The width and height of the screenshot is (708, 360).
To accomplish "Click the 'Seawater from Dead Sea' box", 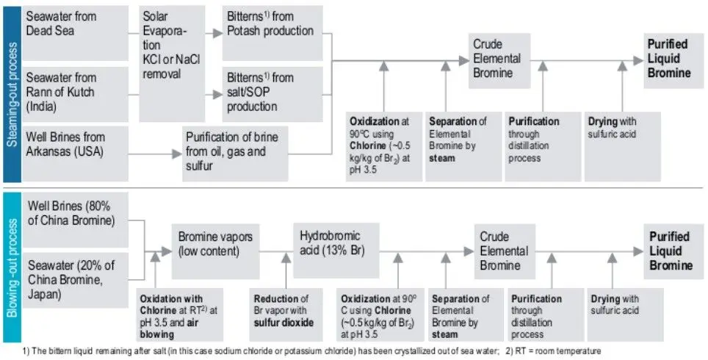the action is coord(76,33).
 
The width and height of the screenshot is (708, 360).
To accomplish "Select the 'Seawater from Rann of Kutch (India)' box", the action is coord(76,94).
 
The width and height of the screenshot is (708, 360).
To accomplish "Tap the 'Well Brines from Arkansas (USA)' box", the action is coord(76,154).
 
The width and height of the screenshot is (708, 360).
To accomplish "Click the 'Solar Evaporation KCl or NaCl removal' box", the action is coord(172,64).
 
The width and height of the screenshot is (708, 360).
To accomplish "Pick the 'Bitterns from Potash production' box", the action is coord(272,33).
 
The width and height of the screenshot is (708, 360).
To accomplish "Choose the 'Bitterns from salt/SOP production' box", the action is coord(272,94).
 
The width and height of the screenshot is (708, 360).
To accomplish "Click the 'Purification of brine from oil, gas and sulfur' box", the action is coord(235,154).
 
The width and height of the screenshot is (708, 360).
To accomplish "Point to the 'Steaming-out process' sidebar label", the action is coord(12,94).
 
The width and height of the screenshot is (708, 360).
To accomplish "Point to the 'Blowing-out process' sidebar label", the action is coord(12,267).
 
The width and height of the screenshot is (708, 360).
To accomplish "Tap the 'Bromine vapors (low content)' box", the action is coord(215,251).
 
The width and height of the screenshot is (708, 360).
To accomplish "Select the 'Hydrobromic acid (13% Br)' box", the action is coord(336,251).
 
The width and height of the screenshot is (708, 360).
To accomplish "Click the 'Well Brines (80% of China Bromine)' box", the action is coord(76,220).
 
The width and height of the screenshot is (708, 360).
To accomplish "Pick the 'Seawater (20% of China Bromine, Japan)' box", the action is coord(76,280).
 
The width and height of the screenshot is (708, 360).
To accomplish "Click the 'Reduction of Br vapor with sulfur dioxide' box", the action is coord(286,315).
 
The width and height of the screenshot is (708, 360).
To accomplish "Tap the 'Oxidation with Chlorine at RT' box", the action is coord(180,315).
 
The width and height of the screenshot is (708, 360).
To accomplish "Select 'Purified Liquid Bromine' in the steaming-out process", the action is coord(673,60).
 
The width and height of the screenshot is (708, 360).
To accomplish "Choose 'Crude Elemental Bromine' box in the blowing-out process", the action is coord(505,251).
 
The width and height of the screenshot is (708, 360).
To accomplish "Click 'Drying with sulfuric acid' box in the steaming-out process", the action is coord(623,147).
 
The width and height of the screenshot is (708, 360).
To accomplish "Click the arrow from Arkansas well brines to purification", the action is coord(155,154).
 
